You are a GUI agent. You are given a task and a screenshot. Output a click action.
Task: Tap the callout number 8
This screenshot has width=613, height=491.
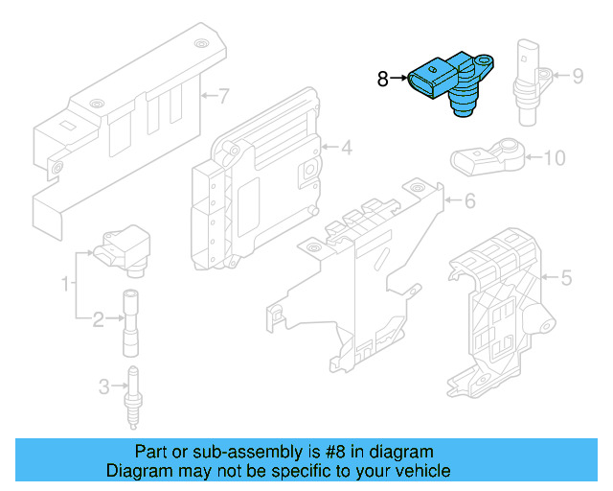[382, 80]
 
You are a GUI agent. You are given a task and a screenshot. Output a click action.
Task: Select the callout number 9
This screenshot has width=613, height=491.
[578, 75]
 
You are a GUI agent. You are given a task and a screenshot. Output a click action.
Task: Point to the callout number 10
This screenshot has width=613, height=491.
[555, 157]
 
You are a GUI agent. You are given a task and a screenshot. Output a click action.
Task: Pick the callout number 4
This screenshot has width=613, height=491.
[346, 148]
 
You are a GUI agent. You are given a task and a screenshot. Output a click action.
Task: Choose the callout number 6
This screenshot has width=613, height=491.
[469, 201]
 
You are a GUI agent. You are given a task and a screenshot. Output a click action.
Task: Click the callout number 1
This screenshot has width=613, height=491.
[66, 284]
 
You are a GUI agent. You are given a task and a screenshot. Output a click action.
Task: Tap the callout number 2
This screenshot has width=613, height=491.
[97, 319]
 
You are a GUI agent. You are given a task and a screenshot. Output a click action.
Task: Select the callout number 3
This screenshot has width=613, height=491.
[103, 387]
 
